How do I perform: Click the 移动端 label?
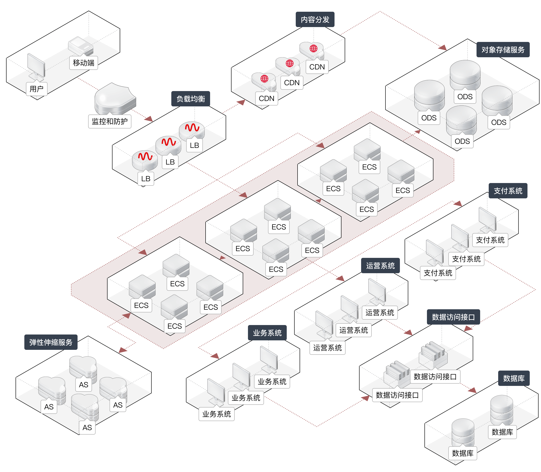tap(83, 63)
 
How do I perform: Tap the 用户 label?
tap(37, 89)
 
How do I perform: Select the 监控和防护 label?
tap(110, 121)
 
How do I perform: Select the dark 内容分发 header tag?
tap(315, 19)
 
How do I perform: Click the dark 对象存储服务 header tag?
tap(503, 50)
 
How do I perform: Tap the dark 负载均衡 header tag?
tap(190, 99)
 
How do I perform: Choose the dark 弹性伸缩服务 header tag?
tap(51, 342)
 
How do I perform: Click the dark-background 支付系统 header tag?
tap(508, 191)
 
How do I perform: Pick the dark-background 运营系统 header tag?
tap(380, 266)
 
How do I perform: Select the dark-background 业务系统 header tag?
tap(267, 333)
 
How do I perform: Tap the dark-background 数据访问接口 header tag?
tap(453, 317)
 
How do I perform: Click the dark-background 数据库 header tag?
tap(513, 378)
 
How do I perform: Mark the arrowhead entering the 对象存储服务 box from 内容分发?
tap(443, 48)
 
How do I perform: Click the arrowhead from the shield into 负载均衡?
tap(149, 119)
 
